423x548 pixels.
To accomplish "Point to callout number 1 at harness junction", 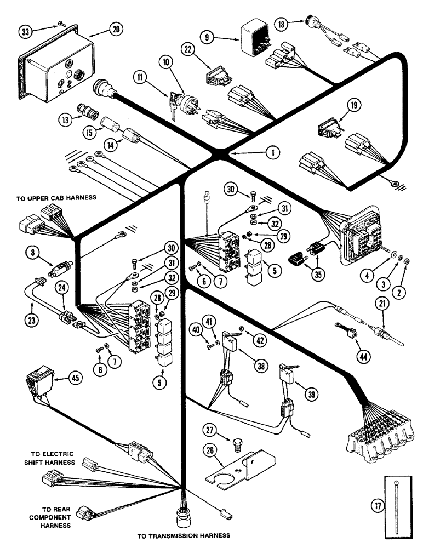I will click(x=268, y=154).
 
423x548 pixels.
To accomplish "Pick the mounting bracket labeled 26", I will click(x=240, y=466).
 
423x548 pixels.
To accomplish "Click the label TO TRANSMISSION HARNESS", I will click(x=183, y=535).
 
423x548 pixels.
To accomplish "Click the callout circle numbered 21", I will click(x=381, y=302).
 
